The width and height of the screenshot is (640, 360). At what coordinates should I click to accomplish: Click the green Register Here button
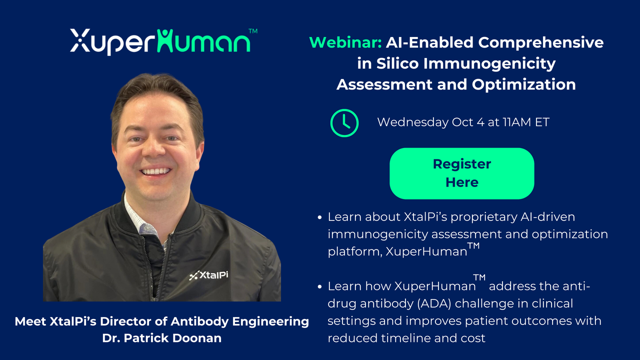(x=461, y=173)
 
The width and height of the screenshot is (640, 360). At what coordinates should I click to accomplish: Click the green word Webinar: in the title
(x=345, y=42)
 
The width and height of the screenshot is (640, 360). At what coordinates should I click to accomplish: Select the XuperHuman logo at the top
(x=163, y=41)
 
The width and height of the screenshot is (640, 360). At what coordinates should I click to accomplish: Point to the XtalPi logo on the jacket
(x=208, y=275)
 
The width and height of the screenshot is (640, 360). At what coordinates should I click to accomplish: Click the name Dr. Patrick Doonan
(x=161, y=338)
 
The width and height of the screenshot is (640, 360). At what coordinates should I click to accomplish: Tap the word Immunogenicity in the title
(x=489, y=63)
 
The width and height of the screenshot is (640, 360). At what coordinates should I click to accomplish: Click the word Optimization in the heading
(x=523, y=84)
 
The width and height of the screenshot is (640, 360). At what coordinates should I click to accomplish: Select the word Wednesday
(x=413, y=122)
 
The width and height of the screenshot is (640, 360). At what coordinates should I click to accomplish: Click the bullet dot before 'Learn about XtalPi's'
(x=319, y=217)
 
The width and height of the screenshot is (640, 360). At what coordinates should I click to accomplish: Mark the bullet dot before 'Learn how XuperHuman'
(x=319, y=286)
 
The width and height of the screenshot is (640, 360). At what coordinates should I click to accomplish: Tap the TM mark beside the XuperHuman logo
(x=253, y=31)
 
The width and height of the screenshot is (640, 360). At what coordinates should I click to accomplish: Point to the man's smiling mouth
(x=155, y=171)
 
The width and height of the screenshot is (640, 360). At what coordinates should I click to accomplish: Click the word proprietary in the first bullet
(x=483, y=217)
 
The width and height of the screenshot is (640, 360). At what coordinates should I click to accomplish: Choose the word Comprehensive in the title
(x=541, y=43)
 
